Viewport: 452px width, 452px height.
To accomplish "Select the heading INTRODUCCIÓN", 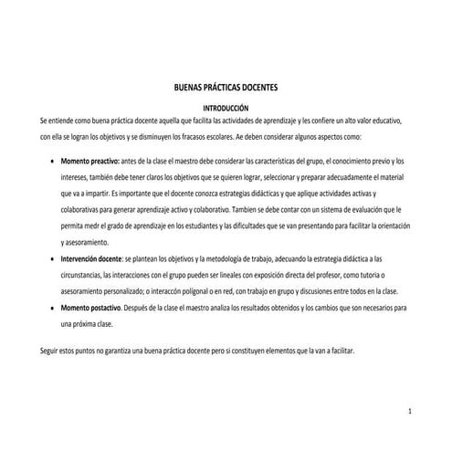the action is pos(225,108).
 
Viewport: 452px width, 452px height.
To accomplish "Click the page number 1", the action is pos(412,392).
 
